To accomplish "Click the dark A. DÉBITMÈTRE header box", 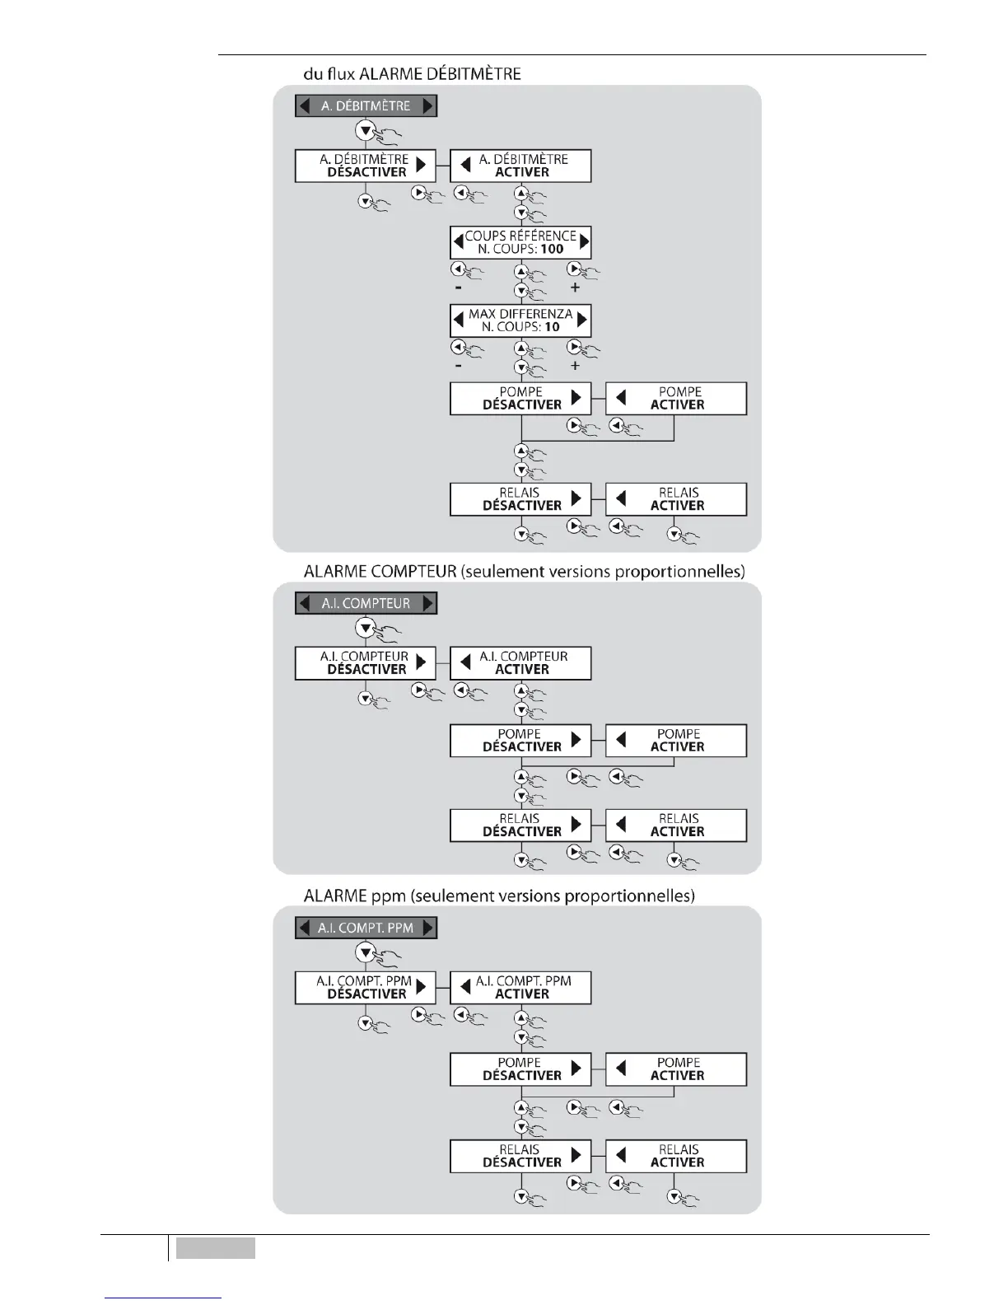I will [x=366, y=105].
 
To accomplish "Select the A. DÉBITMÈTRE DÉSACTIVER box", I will [x=366, y=166].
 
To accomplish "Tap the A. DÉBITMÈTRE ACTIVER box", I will [x=520, y=166].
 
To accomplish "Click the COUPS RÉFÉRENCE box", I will [x=520, y=242].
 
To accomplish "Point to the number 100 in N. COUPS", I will [x=553, y=249].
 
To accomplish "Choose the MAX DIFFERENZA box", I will [x=520, y=320].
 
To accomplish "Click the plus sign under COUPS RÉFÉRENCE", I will [x=575, y=288].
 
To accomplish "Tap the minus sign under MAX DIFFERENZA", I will [x=458, y=365].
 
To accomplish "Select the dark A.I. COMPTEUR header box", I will [x=366, y=603].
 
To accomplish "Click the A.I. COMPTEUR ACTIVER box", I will [x=520, y=663].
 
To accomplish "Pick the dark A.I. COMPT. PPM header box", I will [x=366, y=928].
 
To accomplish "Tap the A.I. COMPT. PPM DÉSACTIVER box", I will [x=366, y=988].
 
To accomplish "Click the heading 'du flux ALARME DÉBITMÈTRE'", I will [x=412, y=74].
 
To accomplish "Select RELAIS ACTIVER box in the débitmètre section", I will [x=676, y=499].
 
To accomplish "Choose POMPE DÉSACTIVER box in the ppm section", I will [x=520, y=1069].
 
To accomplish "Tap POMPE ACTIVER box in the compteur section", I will [x=676, y=741].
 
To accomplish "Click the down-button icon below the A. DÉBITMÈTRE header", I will [x=365, y=130].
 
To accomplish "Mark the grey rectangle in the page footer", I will [x=215, y=1248].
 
